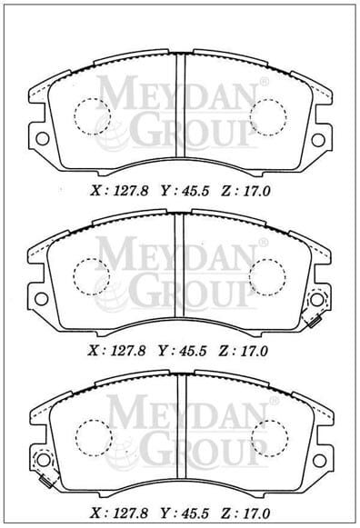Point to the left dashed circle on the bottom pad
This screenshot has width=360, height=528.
91,437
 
